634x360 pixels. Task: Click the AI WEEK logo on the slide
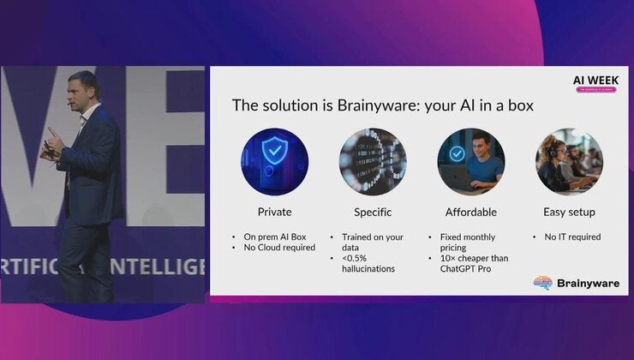click(595, 82)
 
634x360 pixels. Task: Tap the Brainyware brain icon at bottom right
click(542, 283)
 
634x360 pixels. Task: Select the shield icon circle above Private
click(275, 161)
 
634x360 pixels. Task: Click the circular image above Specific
click(373, 161)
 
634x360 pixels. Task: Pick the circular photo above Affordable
click(470, 161)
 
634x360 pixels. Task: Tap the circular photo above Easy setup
click(569, 161)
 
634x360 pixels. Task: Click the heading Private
click(275, 211)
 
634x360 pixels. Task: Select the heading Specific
click(373, 211)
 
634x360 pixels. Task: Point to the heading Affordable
click(470, 211)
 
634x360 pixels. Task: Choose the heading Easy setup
click(569, 211)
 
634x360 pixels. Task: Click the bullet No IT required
click(572, 237)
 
